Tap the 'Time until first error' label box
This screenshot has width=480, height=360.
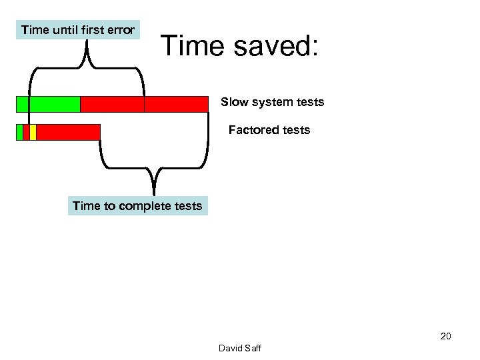point(78,30)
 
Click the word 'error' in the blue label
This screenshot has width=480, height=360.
point(120,30)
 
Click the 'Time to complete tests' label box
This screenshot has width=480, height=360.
point(137,206)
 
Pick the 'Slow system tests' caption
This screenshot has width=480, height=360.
point(272,102)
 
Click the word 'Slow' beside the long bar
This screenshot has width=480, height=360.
point(234,102)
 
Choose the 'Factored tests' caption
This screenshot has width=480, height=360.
point(269,130)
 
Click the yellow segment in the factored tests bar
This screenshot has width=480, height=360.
point(33,132)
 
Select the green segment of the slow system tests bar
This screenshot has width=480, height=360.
point(48,104)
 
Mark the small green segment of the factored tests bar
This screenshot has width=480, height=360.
point(19,132)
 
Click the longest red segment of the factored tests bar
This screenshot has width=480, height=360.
point(68,132)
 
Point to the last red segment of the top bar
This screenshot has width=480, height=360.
point(176,104)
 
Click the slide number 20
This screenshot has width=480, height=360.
point(445,336)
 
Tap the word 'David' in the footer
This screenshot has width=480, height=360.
point(230,348)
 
